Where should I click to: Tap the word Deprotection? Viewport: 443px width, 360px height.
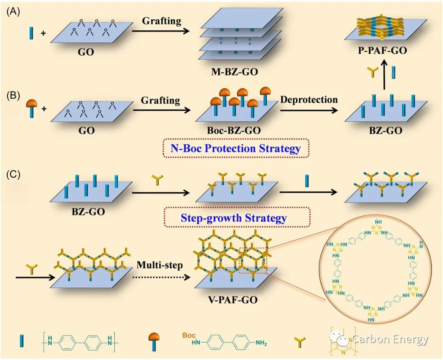click(x=310, y=100)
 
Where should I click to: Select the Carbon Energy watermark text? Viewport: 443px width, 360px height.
click(x=390, y=339)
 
